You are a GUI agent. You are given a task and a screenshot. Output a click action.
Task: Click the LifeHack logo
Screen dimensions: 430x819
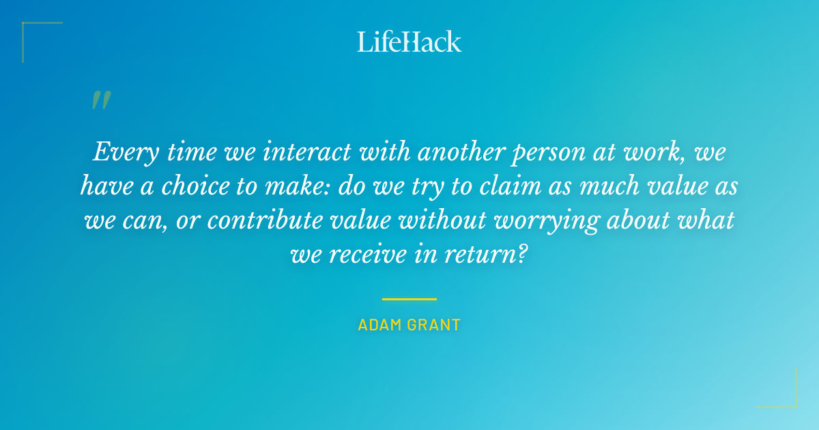click(409, 42)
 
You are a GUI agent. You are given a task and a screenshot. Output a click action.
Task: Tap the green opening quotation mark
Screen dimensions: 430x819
click(100, 101)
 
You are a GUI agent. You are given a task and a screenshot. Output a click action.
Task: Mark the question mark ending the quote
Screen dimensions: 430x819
click(523, 255)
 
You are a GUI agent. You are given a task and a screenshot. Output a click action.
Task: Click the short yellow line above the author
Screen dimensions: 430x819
click(409, 299)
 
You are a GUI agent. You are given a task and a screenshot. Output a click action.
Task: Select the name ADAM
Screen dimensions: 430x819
click(377, 325)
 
